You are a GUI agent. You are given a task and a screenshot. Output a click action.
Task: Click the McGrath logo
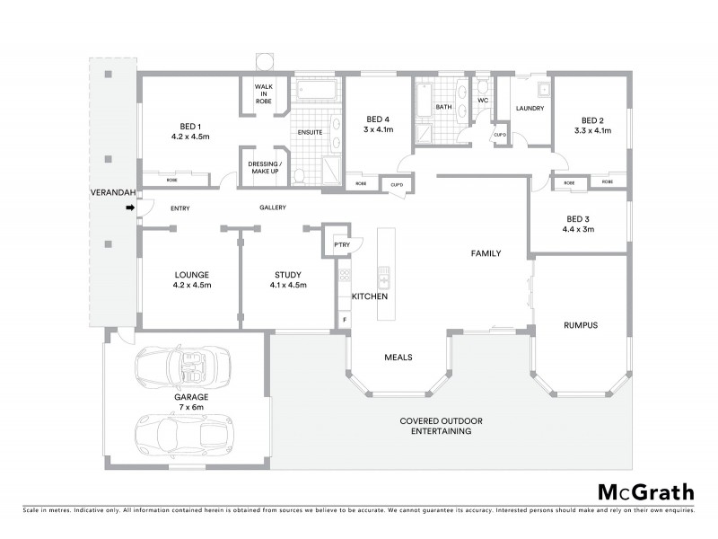(646, 491)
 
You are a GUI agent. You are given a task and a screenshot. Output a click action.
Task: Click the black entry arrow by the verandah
(129, 208)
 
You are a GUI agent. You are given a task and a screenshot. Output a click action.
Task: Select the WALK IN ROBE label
(263, 94)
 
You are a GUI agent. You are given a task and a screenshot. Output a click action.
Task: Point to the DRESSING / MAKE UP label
(265, 167)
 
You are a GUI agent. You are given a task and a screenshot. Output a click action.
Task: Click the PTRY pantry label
(341, 243)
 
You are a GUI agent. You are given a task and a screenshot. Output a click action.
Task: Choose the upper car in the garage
(182, 365)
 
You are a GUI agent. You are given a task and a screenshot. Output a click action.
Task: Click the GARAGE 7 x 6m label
(191, 402)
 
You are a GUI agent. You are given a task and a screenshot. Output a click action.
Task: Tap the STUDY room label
(287, 275)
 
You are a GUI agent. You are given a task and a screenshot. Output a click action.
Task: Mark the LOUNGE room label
(192, 275)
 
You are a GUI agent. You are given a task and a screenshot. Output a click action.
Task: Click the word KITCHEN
(369, 296)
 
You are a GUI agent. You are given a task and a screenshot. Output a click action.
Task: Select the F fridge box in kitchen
(343, 320)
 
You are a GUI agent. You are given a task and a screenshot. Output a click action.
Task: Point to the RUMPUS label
(580, 324)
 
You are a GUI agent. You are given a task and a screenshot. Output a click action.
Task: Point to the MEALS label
(398, 357)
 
